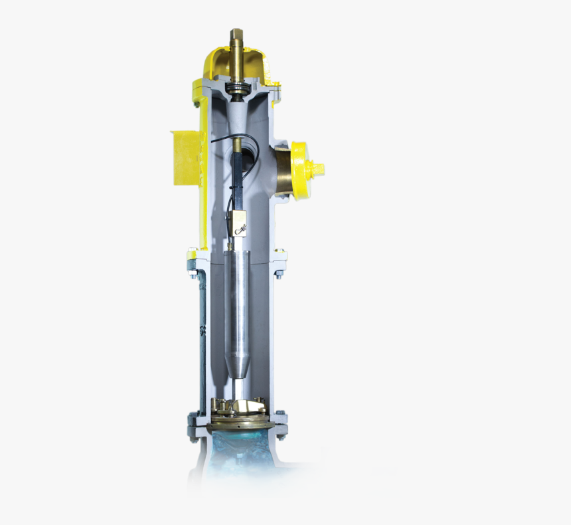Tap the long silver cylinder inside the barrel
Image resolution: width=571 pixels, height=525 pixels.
(x=237, y=299)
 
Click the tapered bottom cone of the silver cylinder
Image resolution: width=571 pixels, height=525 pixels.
(x=237, y=365)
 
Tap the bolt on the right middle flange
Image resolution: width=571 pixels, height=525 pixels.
(x=279, y=272)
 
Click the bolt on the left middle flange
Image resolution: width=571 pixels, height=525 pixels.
(x=193, y=272)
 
